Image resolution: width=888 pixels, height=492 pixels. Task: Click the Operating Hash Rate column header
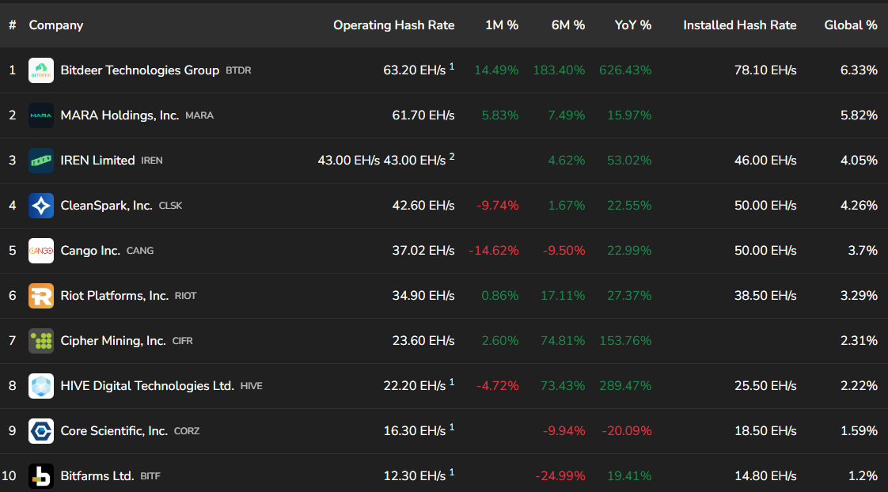tap(393, 25)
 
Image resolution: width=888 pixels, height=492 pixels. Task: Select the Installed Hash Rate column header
tap(739, 25)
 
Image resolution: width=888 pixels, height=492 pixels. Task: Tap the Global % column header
tap(850, 25)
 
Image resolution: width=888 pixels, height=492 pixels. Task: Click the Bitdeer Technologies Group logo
tap(41, 70)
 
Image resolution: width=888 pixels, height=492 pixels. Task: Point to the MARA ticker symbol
tap(199, 115)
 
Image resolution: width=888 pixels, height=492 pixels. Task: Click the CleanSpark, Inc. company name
tap(106, 206)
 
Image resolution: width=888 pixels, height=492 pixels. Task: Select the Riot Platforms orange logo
tap(41, 296)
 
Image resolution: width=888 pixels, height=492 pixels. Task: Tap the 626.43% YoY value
tap(625, 70)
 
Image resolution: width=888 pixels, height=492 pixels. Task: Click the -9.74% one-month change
tap(497, 206)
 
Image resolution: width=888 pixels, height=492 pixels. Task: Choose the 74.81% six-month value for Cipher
tap(559, 341)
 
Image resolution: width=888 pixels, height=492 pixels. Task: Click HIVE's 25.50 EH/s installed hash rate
tap(765, 386)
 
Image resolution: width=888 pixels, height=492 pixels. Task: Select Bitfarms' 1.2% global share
tap(862, 476)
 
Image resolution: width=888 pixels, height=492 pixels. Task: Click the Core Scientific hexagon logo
tap(41, 431)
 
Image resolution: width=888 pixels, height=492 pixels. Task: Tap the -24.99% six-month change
tap(560, 476)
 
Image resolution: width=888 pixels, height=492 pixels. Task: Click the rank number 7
tap(12, 341)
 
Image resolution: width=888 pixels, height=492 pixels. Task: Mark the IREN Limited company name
tap(97, 161)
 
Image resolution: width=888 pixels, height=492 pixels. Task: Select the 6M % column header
tap(568, 25)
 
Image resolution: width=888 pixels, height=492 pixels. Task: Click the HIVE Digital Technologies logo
tap(41, 386)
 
